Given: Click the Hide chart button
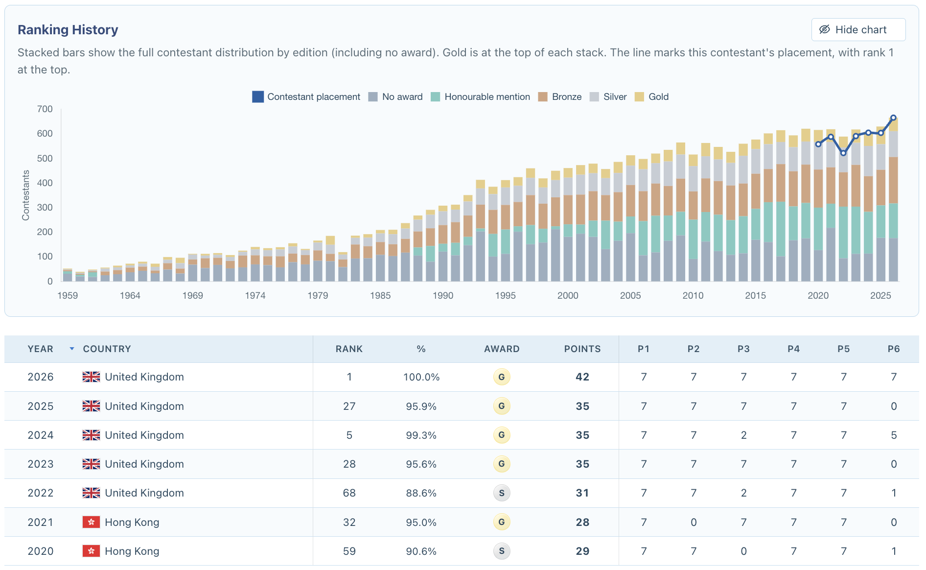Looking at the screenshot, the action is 858,30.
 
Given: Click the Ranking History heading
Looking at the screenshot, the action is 68,30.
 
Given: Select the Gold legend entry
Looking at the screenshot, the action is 651,97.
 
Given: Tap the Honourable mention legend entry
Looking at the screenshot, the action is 480,97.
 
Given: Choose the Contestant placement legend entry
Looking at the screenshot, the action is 306,97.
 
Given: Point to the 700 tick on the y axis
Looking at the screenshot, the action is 45,109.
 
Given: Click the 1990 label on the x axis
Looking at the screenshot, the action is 443,295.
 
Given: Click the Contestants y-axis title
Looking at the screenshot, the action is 26,195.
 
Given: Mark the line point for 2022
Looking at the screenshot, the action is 843,153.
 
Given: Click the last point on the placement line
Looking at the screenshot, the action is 893,118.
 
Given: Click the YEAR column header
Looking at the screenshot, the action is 41,349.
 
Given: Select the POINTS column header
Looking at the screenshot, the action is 582,349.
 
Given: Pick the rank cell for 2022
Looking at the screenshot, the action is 349,493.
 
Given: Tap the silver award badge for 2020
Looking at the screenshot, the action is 502,551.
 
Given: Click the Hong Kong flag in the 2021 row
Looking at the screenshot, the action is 91,522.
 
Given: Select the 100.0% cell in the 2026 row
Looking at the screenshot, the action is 421,377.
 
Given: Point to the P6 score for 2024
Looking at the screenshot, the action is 894,435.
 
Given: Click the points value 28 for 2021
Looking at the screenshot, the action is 582,522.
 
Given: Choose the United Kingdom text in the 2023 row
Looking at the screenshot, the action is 144,464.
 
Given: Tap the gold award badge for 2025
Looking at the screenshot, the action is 502,406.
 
